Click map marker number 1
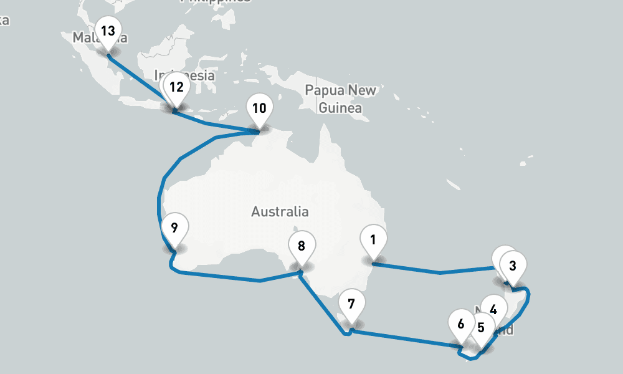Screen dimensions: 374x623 [x=373, y=240]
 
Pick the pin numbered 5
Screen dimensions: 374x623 [x=481, y=327]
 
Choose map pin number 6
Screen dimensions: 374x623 [x=461, y=324]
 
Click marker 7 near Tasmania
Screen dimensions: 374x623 [x=351, y=305]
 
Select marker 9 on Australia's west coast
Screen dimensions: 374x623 [x=174, y=227]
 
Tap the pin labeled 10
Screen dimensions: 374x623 [x=259, y=108]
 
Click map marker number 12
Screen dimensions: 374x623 [x=176, y=87]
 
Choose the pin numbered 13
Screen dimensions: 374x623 [x=108, y=31]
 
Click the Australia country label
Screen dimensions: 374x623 [x=280, y=212]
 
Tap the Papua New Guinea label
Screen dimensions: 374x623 [x=340, y=98]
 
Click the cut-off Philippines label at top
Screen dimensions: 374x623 [x=215, y=2]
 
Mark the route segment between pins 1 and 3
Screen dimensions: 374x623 [x=440, y=272]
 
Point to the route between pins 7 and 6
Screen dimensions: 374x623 [x=405, y=337]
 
